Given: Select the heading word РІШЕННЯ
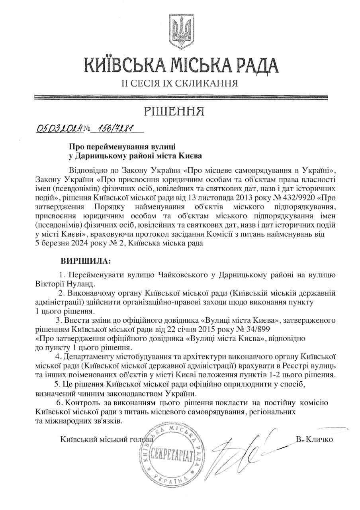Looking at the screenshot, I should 180,111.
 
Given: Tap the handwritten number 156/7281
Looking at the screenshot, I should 115,128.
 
